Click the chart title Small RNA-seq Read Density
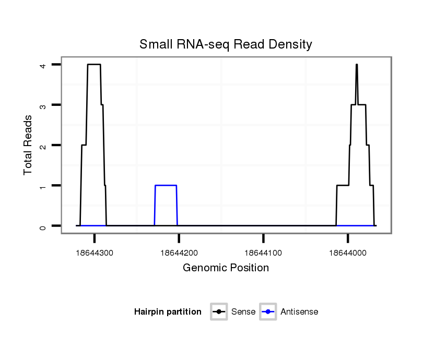click(x=226, y=44)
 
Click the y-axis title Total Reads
click(x=28, y=145)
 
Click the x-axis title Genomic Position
click(x=226, y=268)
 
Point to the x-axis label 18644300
click(x=94, y=253)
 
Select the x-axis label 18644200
click(x=179, y=253)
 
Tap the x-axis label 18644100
click(x=263, y=253)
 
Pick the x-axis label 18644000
click(x=348, y=253)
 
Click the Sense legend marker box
click(x=219, y=312)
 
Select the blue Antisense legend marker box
click(x=267, y=312)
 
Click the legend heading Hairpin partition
click(x=168, y=312)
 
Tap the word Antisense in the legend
click(x=299, y=312)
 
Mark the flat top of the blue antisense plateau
click(x=166, y=185)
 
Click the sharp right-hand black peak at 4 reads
click(x=356, y=65)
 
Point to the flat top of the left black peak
click(x=94, y=64)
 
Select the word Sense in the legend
click(x=243, y=312)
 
